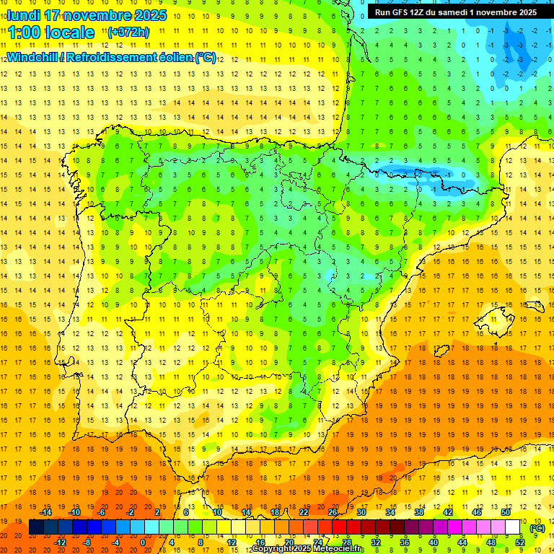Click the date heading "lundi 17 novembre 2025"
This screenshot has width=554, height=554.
[87, 15]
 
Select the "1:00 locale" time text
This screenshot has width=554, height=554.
[51, 32]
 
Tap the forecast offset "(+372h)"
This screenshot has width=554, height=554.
[128, 32]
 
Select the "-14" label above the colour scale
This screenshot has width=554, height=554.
[45, 512]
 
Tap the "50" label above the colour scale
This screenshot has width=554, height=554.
[505, 512]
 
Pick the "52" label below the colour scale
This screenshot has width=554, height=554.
[520, 542]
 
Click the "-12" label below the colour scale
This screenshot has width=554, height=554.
[60, 542]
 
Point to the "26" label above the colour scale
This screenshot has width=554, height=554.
[333, 512]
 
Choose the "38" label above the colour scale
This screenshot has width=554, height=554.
[419, 512]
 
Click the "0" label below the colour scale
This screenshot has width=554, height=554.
[144, 542]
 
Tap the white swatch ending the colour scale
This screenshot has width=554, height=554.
[513, 527]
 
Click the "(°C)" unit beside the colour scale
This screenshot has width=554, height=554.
[537, 528]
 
